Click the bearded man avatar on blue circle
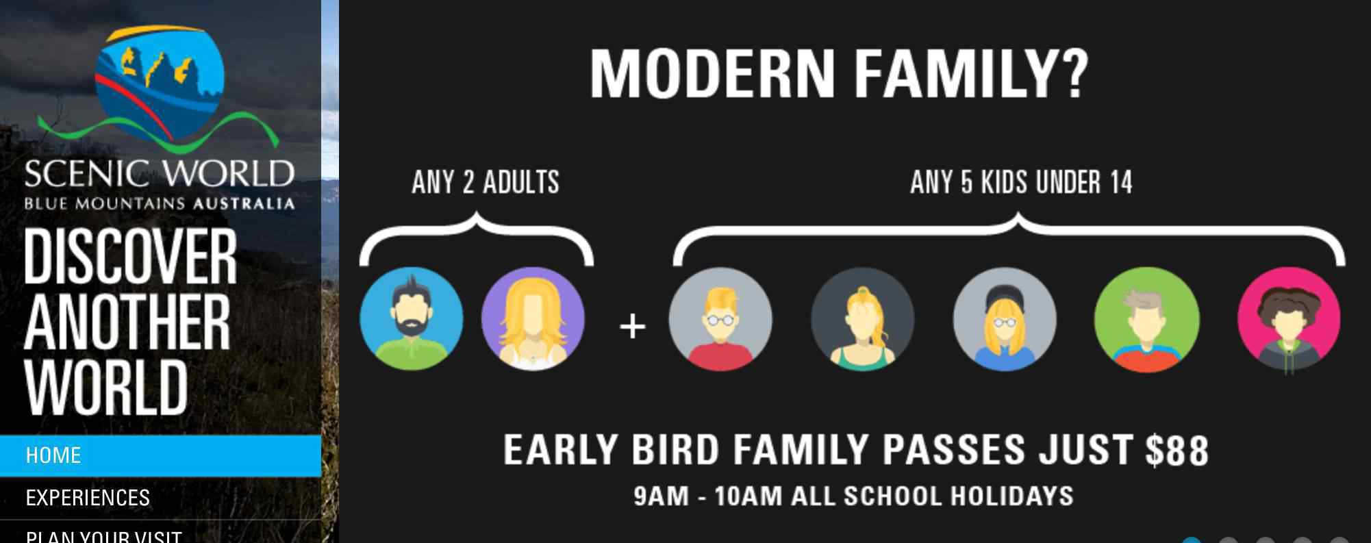411,319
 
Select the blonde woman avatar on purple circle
533,319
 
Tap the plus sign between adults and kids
632,326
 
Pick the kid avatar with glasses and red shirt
720,319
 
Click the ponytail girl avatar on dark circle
862,319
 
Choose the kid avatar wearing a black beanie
1005,319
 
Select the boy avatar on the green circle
1146,319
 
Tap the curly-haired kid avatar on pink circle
1289,319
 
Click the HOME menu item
53,455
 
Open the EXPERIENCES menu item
88,498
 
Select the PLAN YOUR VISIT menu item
104,535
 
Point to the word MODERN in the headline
712,74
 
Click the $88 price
1177,451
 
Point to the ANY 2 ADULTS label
486,183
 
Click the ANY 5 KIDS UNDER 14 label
1021,183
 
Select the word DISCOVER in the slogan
130,256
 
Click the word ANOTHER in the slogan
127,322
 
